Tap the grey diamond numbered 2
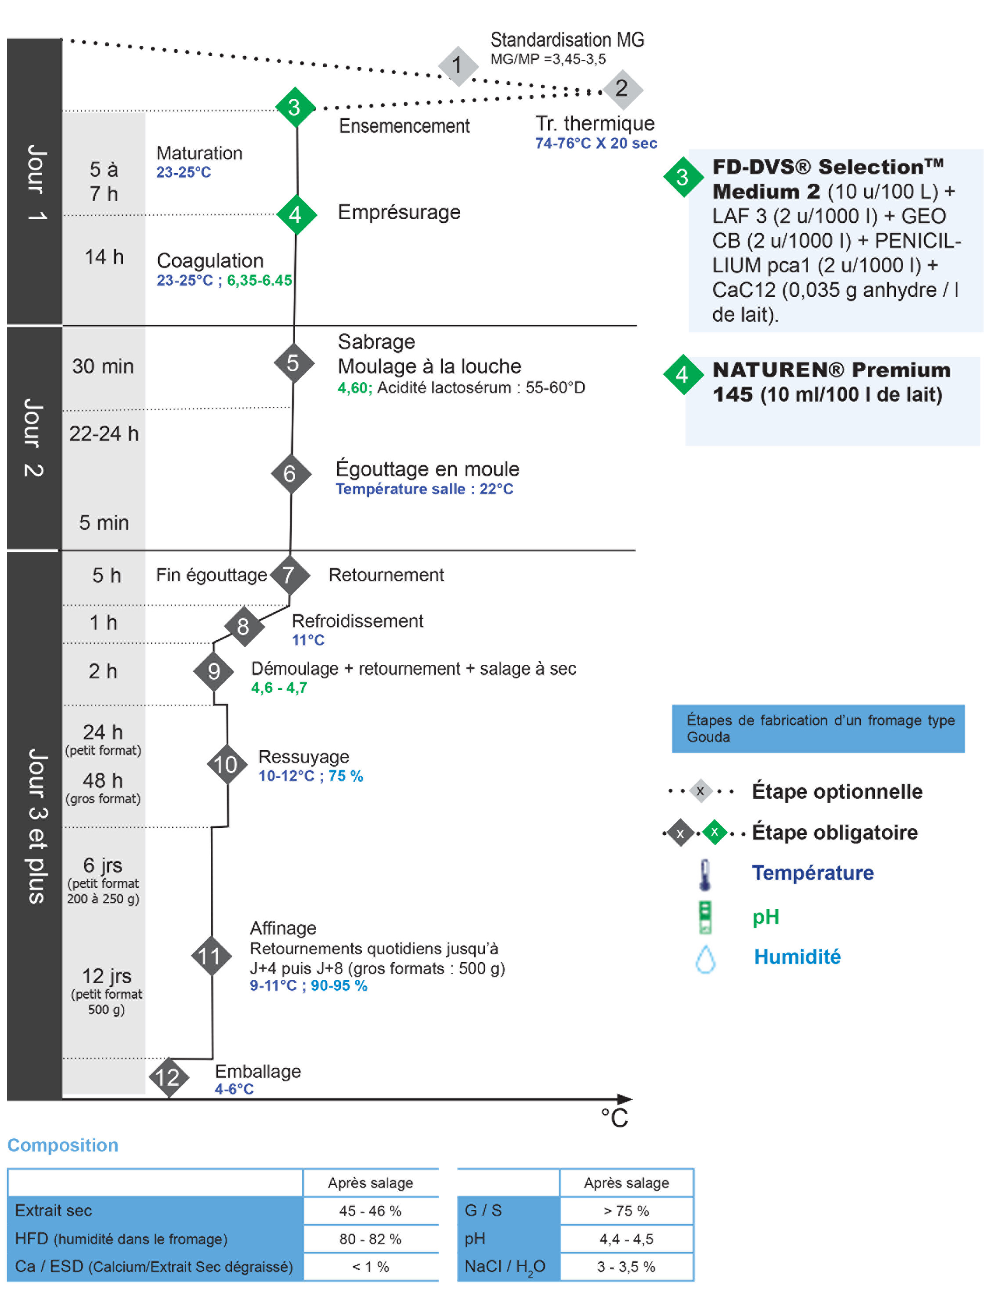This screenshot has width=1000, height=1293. (x=621, y=89)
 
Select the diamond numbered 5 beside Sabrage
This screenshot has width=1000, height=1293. (x=293, y=363)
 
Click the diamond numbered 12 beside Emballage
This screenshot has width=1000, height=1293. (x=168, y=1077)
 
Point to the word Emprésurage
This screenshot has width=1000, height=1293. (x=399, y=213)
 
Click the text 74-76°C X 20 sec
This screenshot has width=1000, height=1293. (x=596, y=144)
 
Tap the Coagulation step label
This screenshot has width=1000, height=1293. (x=210, y=261)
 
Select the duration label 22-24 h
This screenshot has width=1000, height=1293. (x=104, y=434)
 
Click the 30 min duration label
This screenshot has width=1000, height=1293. (x=103, y=366)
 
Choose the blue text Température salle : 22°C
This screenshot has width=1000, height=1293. (x=424, y=489)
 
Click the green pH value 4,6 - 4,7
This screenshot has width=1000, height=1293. (x=279, y=688)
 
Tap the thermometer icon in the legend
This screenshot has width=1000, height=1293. (x=704, y=874)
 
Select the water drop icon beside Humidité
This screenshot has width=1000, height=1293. (x=705, y=959)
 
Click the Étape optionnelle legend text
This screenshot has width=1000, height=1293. (x=837, y=792)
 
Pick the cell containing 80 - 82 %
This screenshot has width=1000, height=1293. (x=370, y=1239)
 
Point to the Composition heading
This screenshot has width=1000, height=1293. (x=63, y=1145)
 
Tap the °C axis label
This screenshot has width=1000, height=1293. (x=614, y=1118)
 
